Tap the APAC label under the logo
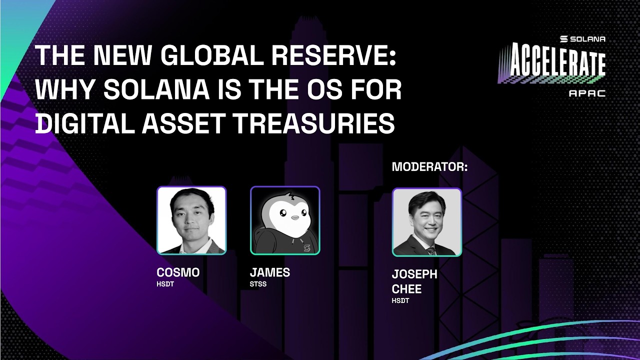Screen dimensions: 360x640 [x=587, y=93]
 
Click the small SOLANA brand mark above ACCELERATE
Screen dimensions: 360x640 [x=582, y=38]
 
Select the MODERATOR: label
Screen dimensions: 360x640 [x=429, y=167]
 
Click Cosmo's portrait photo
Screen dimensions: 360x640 [x=191, y=220]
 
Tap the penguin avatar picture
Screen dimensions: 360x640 [x=285, y=220]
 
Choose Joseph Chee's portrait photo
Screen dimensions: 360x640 [x=426, y=222]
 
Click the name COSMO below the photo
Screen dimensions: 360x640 [x=178, y=272]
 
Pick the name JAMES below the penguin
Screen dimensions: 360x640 [x=270, y=272]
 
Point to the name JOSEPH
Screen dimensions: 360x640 [x=414, y=274]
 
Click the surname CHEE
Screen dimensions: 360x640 [x=407, y=289]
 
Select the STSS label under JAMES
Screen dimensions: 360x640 [x=258, y=284]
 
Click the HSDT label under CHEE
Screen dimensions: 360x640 [x=400, y=300]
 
